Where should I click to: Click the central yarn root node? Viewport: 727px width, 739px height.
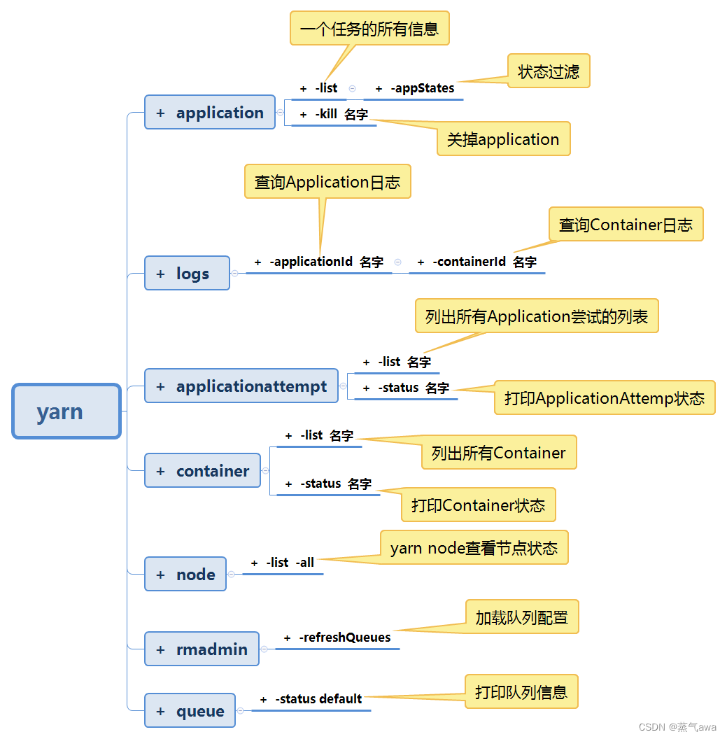coord(66,411)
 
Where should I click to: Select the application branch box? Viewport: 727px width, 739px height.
coord(210,113)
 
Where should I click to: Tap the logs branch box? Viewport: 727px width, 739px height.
coord(187,273)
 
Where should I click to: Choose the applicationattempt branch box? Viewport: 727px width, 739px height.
coord(241,386)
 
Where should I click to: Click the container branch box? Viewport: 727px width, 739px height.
coord(202,471)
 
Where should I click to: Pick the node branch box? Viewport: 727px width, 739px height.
coord(185,575)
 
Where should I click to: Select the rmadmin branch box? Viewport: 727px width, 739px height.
coord(202,649)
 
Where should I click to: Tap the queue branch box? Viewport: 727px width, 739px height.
coord(190,711)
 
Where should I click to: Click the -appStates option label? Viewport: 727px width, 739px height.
coord(422,88)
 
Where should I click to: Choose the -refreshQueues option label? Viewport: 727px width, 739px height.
coord(344,638)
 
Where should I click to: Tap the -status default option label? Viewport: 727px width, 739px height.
coord(318,699)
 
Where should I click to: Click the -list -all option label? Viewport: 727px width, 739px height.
coord(290,563)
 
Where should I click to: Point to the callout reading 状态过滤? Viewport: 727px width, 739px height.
coord(549,71)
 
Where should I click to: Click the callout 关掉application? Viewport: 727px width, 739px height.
coord(503,139)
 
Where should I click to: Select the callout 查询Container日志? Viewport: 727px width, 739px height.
coord(626,225)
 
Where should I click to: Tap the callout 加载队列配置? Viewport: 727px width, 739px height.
coord(521,617)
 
